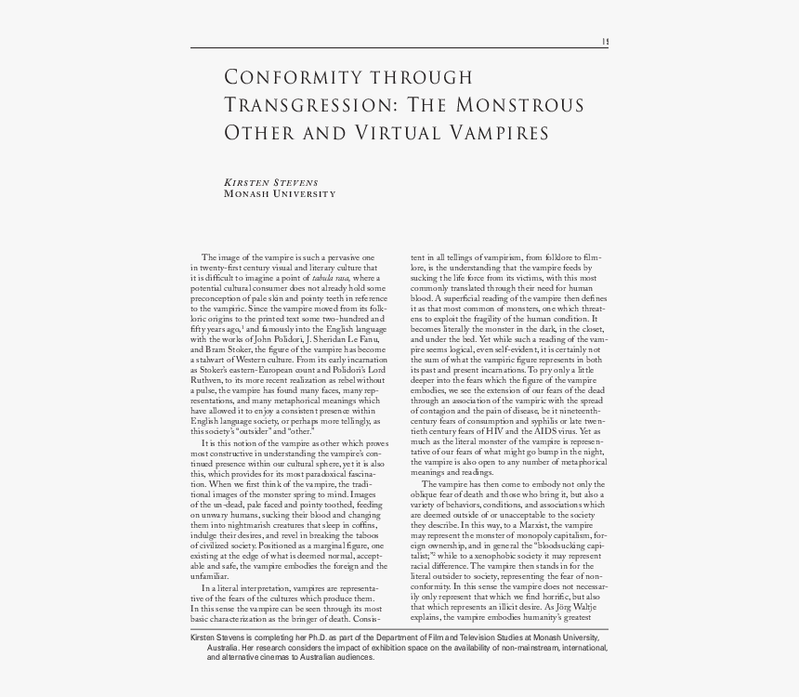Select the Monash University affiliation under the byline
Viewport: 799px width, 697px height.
coord(280,193)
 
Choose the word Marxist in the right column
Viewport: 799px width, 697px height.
coord(515,527)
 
